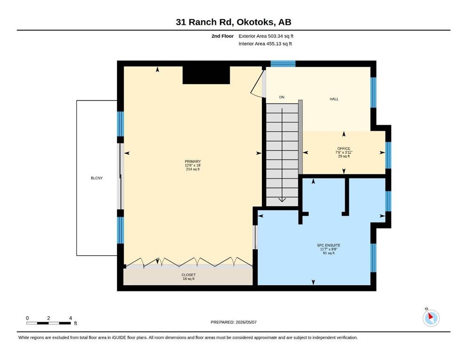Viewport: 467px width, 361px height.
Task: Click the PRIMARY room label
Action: (193, 161)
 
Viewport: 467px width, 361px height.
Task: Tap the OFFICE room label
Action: (344, 149)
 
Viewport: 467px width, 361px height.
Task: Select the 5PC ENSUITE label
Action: (329, 245)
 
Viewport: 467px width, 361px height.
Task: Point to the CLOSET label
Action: (189, 275)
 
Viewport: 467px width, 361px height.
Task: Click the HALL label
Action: (334, 99)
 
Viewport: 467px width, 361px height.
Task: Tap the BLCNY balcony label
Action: (97, 178)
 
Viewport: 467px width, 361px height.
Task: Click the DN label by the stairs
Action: (282, 97)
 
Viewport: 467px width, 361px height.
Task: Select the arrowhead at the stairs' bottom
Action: (282, 200)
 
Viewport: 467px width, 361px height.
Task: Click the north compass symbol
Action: (431, 318)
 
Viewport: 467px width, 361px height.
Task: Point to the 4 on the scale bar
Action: (71, 318)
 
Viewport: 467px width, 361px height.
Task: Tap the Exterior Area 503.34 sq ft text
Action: (266, 36)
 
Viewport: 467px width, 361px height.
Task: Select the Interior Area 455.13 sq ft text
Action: (265, 44)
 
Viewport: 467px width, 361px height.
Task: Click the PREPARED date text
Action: (233, 322)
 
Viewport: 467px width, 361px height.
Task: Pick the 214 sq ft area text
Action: (193, 169)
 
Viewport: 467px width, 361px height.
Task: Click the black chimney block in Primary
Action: (206, 75)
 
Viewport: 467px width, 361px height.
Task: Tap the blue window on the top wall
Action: (283, 63)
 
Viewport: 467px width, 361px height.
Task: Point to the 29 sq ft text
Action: (344, 156)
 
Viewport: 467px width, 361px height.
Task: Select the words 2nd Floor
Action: (222, 36)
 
